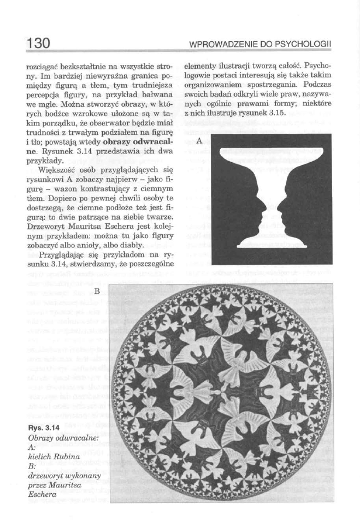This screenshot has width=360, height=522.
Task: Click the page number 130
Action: click(x=38, y=41)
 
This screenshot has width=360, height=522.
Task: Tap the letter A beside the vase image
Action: click(x=199, y=140)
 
